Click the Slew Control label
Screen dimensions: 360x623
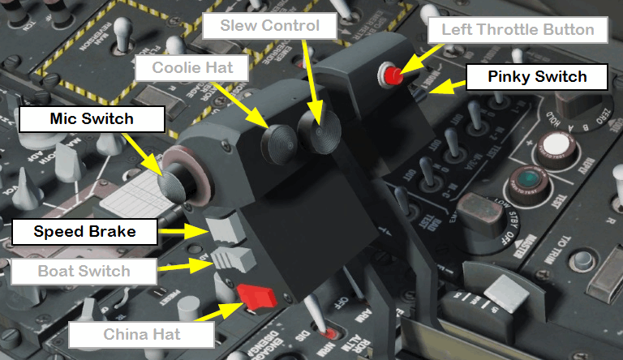(269, 26)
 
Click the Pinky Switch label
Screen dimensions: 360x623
(537, 78)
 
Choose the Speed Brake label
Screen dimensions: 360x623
(84, 232)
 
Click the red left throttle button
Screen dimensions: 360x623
(393, 76)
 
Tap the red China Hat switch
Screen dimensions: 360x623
(256, 296)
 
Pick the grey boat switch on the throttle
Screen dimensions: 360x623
(238, 261)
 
